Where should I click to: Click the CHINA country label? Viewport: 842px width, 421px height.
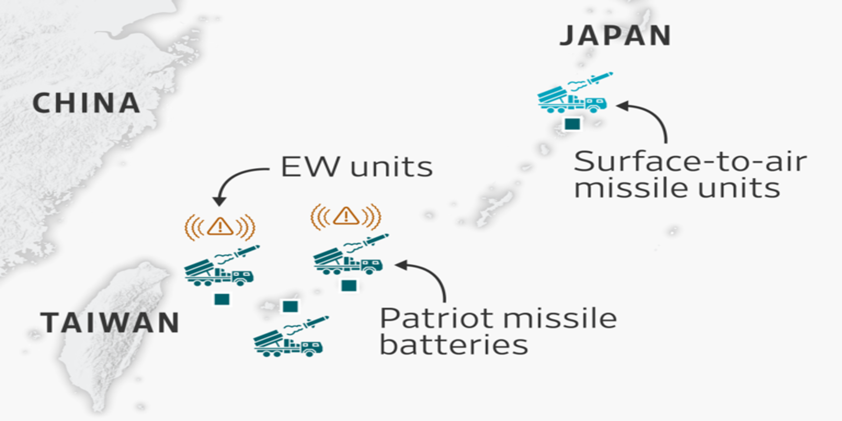pyautogui.click(x=86, y=103)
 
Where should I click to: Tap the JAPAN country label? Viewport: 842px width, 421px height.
pyautogui.click(x=615, y=36)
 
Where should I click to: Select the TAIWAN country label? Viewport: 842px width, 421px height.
pyautogui.click(x=110, y=323)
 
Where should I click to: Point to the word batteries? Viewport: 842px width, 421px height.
pyautogui.click(x=454, y=346)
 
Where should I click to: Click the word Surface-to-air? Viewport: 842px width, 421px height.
pyautogui.click(x=690, y=162)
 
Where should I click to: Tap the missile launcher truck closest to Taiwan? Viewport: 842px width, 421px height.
pyautogui.click(x=219, y=272)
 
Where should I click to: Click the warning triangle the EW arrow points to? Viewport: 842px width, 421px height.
pyautogui.click(x=220, y=227)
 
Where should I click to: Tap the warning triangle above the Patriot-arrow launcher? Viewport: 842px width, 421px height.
pyautogui.click(x=346, y=215)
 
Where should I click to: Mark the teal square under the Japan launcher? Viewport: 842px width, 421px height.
pyautogui.click(x=572, y=124)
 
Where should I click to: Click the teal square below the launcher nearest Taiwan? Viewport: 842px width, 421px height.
pyautogui.click(x=222, y=299)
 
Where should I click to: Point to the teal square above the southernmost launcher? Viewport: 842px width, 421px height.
pyautogui.click(x=290, y=306)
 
